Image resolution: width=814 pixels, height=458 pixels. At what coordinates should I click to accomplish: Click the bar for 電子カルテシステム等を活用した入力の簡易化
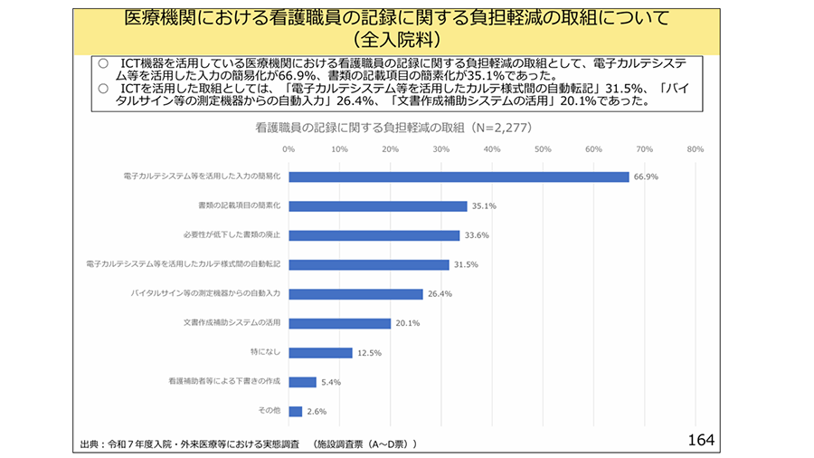[x=459, y=177]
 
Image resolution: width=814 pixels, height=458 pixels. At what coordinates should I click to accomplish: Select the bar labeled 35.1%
[x=378, y=206]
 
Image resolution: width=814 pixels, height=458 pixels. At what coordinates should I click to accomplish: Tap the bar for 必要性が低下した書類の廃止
[x=374, y=235]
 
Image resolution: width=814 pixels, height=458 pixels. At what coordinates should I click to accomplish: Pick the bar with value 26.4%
[x=355, y=294]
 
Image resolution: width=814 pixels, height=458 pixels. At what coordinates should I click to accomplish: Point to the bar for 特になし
[x=320, y=353]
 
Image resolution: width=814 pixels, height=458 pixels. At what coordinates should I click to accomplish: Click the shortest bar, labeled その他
[x=295, y=411]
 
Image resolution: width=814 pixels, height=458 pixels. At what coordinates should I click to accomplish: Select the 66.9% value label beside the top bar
[x=646, y=177]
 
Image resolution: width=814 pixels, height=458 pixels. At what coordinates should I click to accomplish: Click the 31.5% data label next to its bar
[x=466, y=265]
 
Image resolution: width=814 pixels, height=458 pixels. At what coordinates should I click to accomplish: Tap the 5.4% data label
[x=330, y=383]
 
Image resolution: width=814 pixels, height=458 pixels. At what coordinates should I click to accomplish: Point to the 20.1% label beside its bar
[x=408, y=324]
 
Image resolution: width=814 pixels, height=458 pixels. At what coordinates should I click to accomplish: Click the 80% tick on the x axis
[x=695, y=149]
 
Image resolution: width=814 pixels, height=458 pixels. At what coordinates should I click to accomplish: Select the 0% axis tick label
[x=289, y=149]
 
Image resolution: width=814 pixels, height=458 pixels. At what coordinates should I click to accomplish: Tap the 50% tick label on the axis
[x=543, y=149]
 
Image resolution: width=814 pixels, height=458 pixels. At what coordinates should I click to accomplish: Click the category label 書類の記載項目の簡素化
[x=239, y=206]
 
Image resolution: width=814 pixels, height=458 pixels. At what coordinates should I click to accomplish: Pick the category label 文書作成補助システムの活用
[x=232, y=323]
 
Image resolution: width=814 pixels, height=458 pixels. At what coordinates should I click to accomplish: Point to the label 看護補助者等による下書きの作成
[x=224, y=382]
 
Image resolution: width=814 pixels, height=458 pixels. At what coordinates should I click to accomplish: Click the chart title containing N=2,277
[x=392, y=129]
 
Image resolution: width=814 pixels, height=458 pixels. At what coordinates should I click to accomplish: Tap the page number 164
[x=700, y=440]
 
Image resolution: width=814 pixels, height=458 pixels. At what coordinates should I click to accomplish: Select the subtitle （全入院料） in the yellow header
[x=397, y=41]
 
